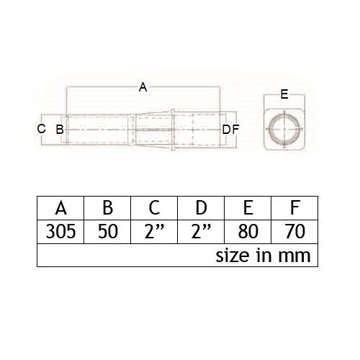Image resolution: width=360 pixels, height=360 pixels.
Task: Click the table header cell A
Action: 60,208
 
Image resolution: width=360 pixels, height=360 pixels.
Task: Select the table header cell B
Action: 107,208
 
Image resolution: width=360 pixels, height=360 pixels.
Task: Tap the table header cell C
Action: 154,208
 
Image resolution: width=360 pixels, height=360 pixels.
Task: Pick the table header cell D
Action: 201,208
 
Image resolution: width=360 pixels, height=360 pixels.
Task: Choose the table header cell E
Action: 248,208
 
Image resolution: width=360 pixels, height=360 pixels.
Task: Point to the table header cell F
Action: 294,208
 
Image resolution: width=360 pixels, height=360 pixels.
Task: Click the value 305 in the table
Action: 60,231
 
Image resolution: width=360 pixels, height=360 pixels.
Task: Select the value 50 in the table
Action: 108,231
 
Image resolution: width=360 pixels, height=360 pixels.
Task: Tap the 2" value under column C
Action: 154,231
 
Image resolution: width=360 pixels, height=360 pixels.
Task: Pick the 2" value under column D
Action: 201,231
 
